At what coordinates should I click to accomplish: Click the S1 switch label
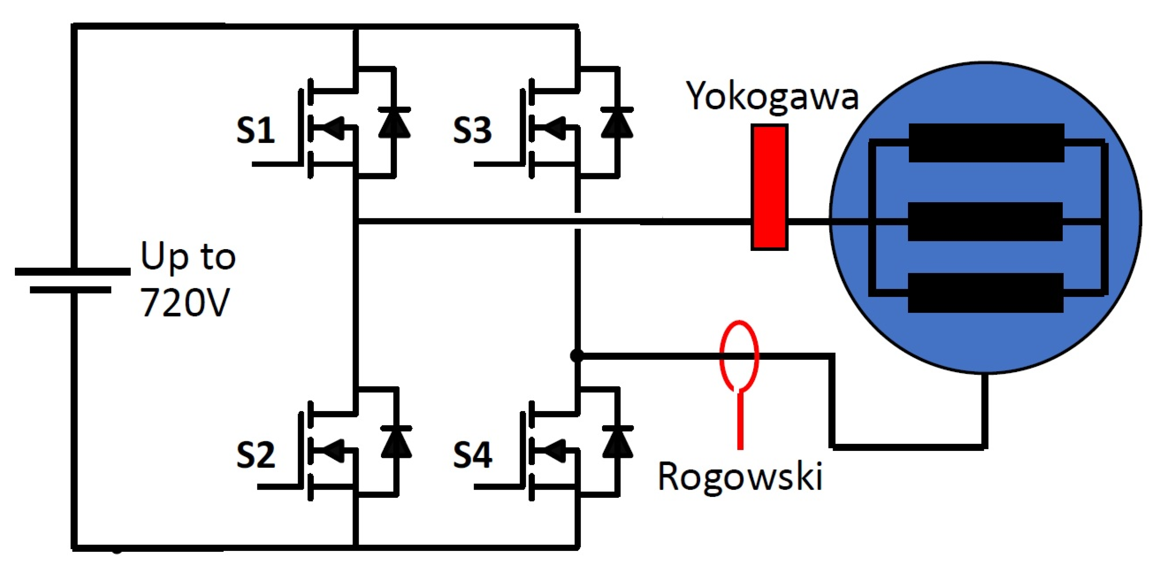pyautogui.click(x=255, y=130)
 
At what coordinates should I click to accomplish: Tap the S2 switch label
pyautogui.click(x=255, y=455)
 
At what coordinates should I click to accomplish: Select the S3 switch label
pyautogui.click(x=472, y=130)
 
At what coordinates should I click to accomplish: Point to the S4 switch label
pyautogui.click(x=472, y=455)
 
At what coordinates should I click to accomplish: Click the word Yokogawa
pyautogui.click(x=772, y=97)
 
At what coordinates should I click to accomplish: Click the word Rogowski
pyautogui.click(x=740, y=477)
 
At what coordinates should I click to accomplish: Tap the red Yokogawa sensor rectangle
pyautogui.click(x=769, y=187)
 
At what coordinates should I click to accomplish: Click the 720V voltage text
pyautogui.click(x=185, y=302)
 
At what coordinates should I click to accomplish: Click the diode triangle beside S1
pyautogui.click(x=394, y=124)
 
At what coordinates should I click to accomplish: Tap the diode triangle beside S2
pyautogui.click(x=396, y=443)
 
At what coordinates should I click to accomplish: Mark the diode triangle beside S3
pyautogui.click(x=617, y=124)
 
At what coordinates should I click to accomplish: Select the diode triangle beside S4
pyautogui.click(x=618, y=443)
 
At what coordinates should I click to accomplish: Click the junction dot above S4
pyautogui.click(x=577, y=356)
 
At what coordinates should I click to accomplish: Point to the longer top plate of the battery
pyautogui.click(x=73, y=272)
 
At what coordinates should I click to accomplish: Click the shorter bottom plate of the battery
pyautogui.click(x=70, y=290)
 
